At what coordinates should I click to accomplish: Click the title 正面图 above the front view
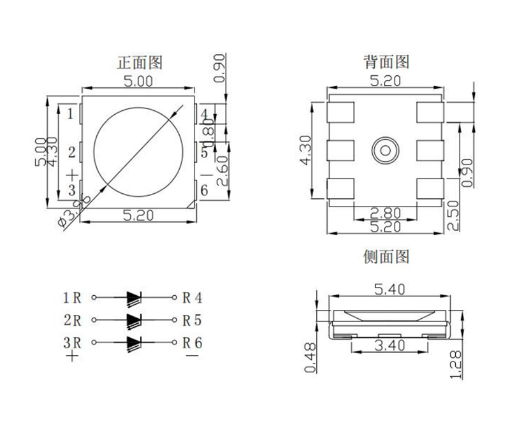click(x=140, y=62)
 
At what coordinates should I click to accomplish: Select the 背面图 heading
click(x=386, y=62)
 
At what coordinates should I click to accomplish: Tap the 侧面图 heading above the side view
click(x=386, y=257)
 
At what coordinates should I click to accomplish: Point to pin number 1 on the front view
click(x=71, y=115)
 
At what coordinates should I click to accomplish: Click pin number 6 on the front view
click(x=205, y=190)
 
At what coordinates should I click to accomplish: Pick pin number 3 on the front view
click(x=71, y=190)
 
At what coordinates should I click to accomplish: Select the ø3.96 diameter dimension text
click(x=71, y=213)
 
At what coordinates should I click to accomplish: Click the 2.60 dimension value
click(x=222, y=170)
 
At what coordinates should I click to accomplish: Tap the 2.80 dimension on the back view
click(x=385, y=213)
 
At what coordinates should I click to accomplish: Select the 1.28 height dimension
click(x=455, y=364)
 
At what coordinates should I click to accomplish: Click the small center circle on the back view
click(x=384, y=150)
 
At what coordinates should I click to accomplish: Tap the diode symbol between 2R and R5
click(x=134, y=319)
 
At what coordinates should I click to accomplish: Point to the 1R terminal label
click(x=72, y=297)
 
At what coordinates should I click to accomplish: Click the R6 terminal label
click(x=192, y=342)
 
